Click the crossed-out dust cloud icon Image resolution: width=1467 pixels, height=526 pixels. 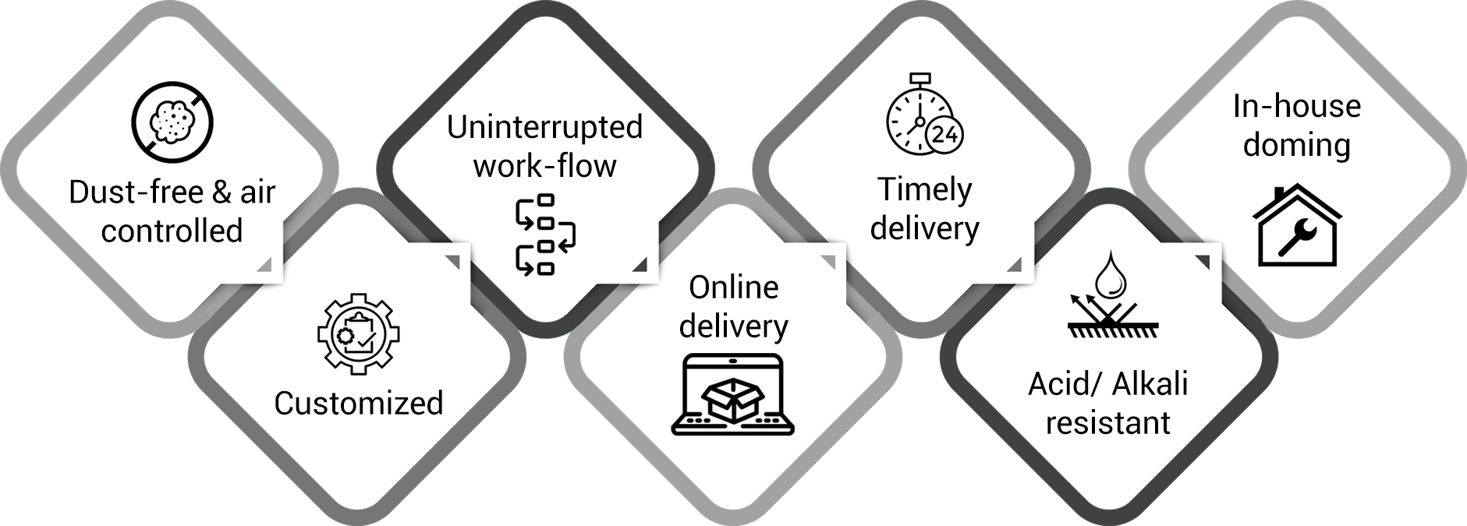tap(172, 122)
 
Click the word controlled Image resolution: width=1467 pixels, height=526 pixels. tap(172, 231)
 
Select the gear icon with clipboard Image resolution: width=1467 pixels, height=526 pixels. tap(358, 333)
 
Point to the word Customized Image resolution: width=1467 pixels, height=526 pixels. tap(359, 403)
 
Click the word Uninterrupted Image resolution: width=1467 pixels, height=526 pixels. tap(544, 127)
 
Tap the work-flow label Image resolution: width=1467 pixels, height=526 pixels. tap(544, 165)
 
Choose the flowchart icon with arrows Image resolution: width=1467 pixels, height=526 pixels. tap(544, 236)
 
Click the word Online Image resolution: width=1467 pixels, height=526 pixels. tap(734, 288)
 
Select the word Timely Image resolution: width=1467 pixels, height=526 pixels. tap(925, 189)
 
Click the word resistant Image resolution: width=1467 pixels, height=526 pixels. tap(1107, 422)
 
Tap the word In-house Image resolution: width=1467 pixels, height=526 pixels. tap(1296, 106)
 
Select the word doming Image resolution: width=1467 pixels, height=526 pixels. tap(1296, 145)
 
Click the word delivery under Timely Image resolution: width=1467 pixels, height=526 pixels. tap(925, 228)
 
